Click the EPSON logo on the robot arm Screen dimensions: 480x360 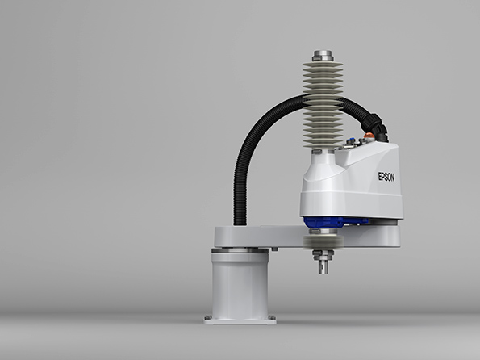(386, 177)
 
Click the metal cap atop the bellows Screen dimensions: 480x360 (323, 56)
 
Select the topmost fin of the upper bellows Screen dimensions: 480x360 (323, 65)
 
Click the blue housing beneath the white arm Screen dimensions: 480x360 (336, 222)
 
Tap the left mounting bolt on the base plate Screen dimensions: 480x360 (208, 317)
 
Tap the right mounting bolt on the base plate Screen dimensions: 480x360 (272, 317)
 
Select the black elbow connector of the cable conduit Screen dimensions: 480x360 (376, 127)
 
